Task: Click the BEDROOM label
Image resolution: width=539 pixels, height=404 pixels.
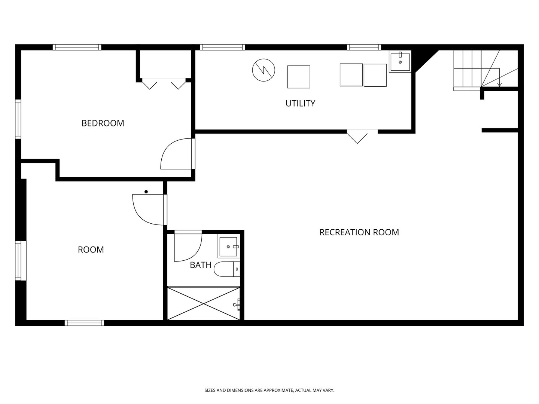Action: pyautogui.click(x=103, y=123)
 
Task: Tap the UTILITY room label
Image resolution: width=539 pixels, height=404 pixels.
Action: pyautogui.click(x=300, y=104)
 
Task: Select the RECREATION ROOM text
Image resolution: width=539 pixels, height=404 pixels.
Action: pyautogui.click(x=359, y=232)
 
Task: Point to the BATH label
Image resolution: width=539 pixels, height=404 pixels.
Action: pyautogui.click(x=201, y=265)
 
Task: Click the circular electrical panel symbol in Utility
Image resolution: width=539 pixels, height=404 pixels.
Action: pyautogui.click(x=264, y=70)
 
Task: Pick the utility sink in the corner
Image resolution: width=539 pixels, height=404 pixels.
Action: pyautogui.click(x=400, y=62)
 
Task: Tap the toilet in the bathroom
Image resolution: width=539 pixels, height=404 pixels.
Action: pyautogui.click(x=227, y=269)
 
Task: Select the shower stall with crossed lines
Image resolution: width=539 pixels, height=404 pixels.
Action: pyautogui.click(x=204, y=303)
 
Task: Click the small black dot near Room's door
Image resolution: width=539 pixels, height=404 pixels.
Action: pyautogui.click(x=146, y=192)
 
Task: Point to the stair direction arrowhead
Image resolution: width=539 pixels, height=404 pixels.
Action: pyautogui.click(x=499, y=85)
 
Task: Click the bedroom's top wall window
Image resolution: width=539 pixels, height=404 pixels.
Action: pyautogui.click(x=77, y=47)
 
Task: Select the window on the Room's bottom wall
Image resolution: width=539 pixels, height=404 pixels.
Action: pyautogui.click(x=84, y=323)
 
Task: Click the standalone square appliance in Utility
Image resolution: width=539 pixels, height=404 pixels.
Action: pyautogui.click(x=299, y=77)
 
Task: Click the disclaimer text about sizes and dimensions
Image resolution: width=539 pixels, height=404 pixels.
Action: pyautogui.click(x=269, y=390)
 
